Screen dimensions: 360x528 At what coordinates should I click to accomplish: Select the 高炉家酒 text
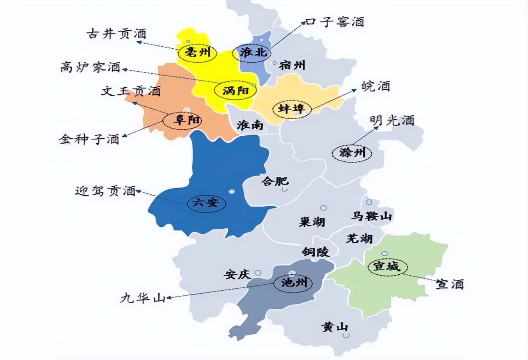tap(90, 67)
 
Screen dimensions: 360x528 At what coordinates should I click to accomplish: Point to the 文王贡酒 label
tap(131, 91)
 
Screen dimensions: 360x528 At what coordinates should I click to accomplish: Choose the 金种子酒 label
tap(89, 139)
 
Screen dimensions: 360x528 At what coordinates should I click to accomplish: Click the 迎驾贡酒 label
tap(105, 191)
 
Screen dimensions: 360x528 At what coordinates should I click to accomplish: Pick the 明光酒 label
tap(392, 120)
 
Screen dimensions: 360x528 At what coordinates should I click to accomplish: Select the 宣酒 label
tap(450, 284)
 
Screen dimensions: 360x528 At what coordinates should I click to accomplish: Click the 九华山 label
tap(143, 299)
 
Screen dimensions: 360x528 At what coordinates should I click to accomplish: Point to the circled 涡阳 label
tap(236, 91)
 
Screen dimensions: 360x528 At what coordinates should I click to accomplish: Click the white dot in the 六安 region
tap(232, 191)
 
